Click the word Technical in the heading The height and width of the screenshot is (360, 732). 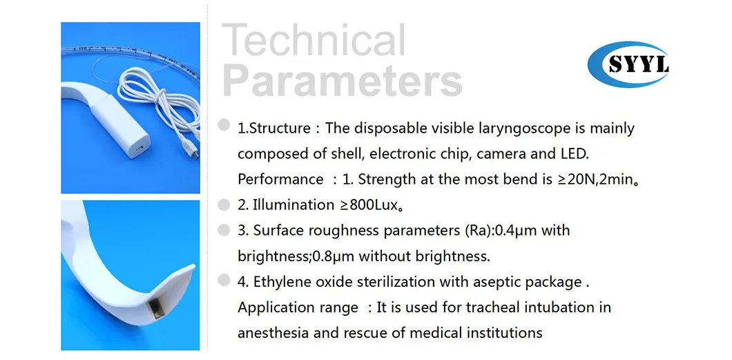pyautogui.click(x=315, y=41)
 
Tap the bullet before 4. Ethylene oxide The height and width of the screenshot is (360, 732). pyautogui.click(x=223, y=280)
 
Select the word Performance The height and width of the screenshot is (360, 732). pyautogui.click(x=280, y=179)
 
